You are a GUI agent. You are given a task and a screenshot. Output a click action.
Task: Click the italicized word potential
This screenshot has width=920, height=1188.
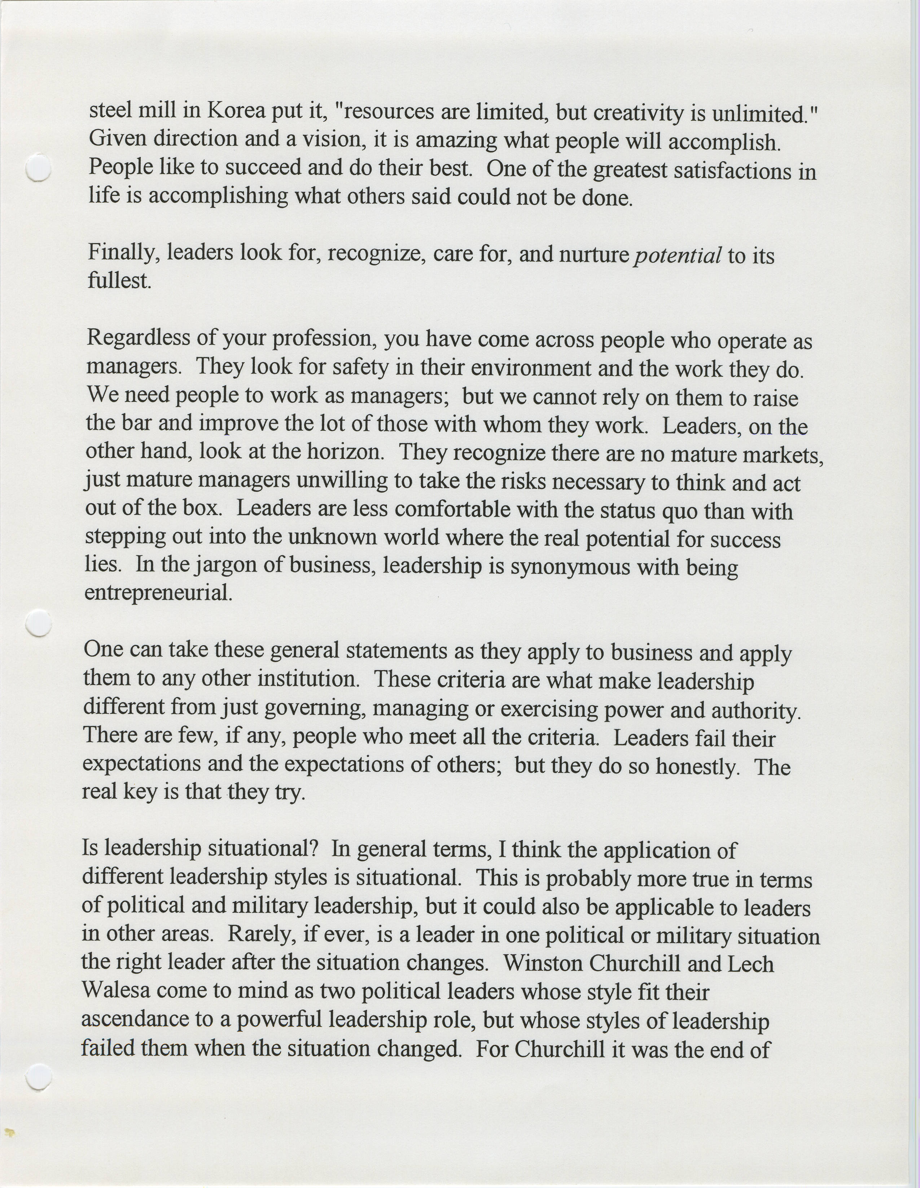pos(678,254)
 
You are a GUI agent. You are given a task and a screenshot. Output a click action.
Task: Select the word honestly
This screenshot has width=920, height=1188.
pos(696,766)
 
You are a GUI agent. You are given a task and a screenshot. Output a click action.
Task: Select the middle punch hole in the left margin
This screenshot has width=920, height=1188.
pos(39,623)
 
